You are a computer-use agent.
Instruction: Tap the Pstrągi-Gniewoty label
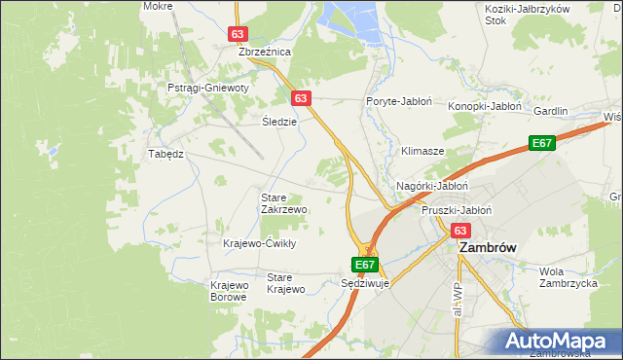click(208, 87)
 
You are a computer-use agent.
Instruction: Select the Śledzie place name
click(279, 122)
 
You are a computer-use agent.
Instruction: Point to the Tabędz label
click(165, 154)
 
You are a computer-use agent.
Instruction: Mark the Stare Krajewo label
click(286, 283)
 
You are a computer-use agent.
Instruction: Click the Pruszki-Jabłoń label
click(457, 209)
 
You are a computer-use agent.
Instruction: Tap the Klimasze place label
click(422, 152)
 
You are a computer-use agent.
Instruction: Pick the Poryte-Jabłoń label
click(399, 101)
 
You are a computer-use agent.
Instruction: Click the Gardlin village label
click(550, 111)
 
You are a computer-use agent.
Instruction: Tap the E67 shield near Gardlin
click(542, 144)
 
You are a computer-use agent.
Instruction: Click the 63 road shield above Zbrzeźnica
click(238, 33)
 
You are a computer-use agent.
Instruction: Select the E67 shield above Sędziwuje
click(364, 264)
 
